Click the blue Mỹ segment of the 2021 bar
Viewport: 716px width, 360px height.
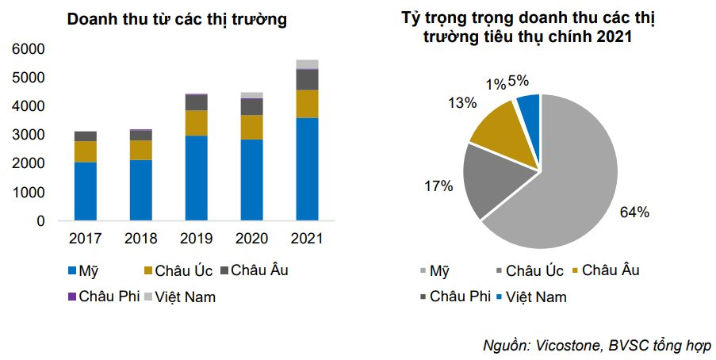[x=307, y=168]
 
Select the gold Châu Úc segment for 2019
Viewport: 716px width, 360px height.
[x=196, y=123]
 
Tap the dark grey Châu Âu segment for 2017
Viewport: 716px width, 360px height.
[x=85, y=136]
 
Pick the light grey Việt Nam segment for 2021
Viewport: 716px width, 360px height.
[x=307, y=64]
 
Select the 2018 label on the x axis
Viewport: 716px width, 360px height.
[x=140, y=239]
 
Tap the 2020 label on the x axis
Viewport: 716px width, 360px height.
[x=251, y=239]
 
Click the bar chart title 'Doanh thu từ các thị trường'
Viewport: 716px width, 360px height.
[x=177, y=18]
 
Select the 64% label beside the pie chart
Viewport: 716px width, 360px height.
[x=634, y=213]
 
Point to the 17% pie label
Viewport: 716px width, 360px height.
[x=438, y=186]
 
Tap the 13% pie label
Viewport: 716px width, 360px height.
[x=461, y=103]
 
